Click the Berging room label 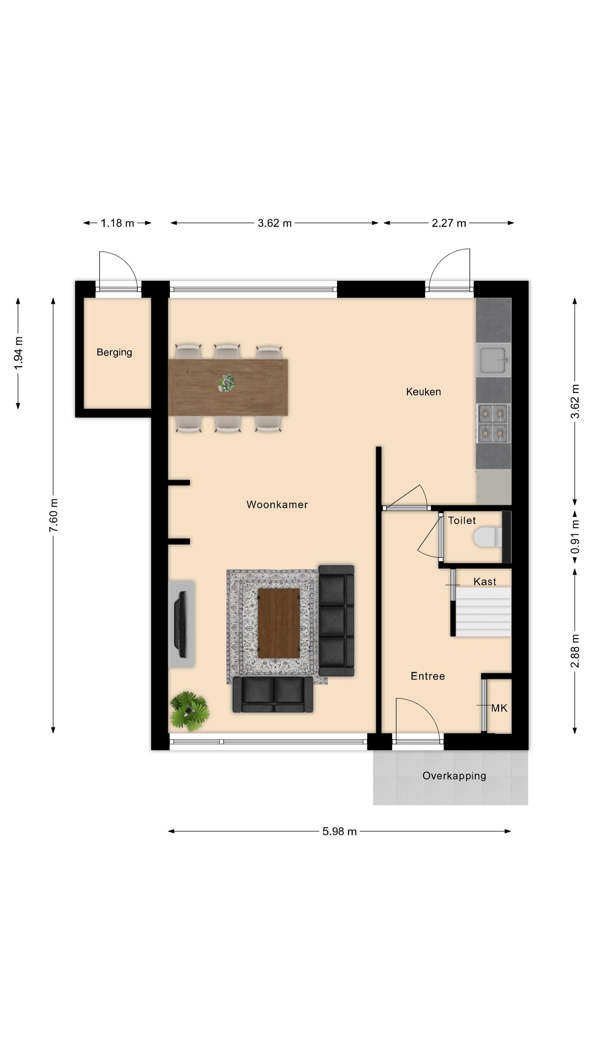[114, 352]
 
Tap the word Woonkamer [277, 505]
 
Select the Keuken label [423, 392]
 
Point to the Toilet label [462, 520]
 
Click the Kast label [484, 581]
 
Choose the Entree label [428, 676]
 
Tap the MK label [499, 708]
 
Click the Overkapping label [454, 776]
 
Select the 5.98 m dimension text [339, 831]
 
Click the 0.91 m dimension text [575, 536]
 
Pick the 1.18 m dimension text [117, 223]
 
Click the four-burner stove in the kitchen [493, 423]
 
